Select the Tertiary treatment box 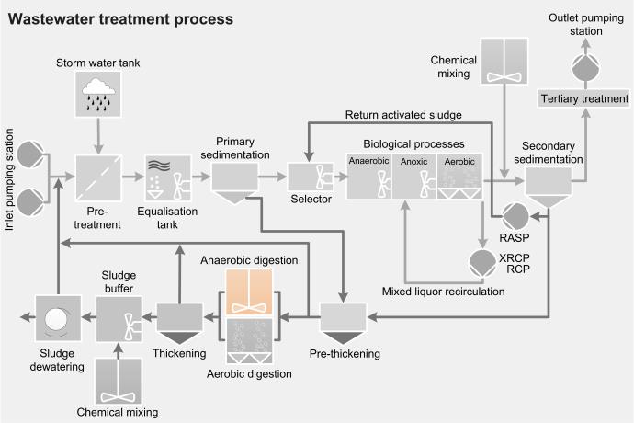[584, 98]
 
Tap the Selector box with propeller [311, 177]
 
